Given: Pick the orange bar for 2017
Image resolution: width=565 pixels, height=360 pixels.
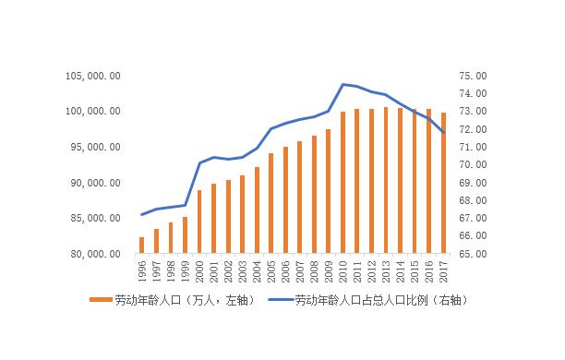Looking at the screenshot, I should pyautogui.click(x=444, y=183).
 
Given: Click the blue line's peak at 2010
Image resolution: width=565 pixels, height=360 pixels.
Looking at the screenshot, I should pyautogui.click(x=343, y=84).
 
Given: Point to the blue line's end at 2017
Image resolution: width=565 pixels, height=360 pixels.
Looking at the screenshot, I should pyautogui.click(x=444, y=132).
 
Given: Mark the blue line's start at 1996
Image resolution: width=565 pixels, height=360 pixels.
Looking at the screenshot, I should pyautogui.click(x=142, y=214).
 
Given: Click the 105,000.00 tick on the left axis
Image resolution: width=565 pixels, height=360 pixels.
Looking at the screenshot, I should pyautogui.click(x=92, y=76).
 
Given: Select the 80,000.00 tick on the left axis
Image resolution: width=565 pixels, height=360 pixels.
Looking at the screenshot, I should pyautogui.click(x=93, y=254).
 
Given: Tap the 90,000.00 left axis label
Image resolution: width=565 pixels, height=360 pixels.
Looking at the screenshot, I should pyautogui.click(x=93, y=183).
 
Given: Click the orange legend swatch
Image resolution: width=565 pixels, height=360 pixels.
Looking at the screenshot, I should pyautogui.click(x=101, y=300).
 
